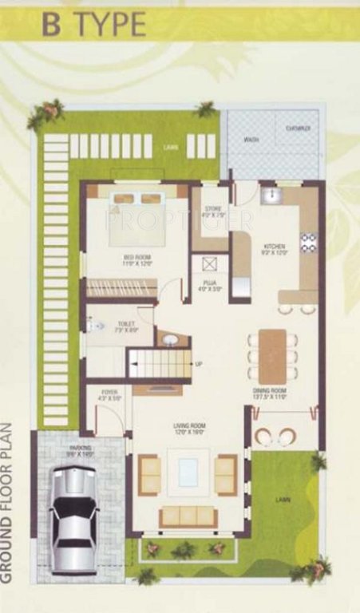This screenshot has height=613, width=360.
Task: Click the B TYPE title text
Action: pyautogui.click(x=94, y=26)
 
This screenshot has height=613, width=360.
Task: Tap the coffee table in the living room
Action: pyautogui.click(x=188, y=472)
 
